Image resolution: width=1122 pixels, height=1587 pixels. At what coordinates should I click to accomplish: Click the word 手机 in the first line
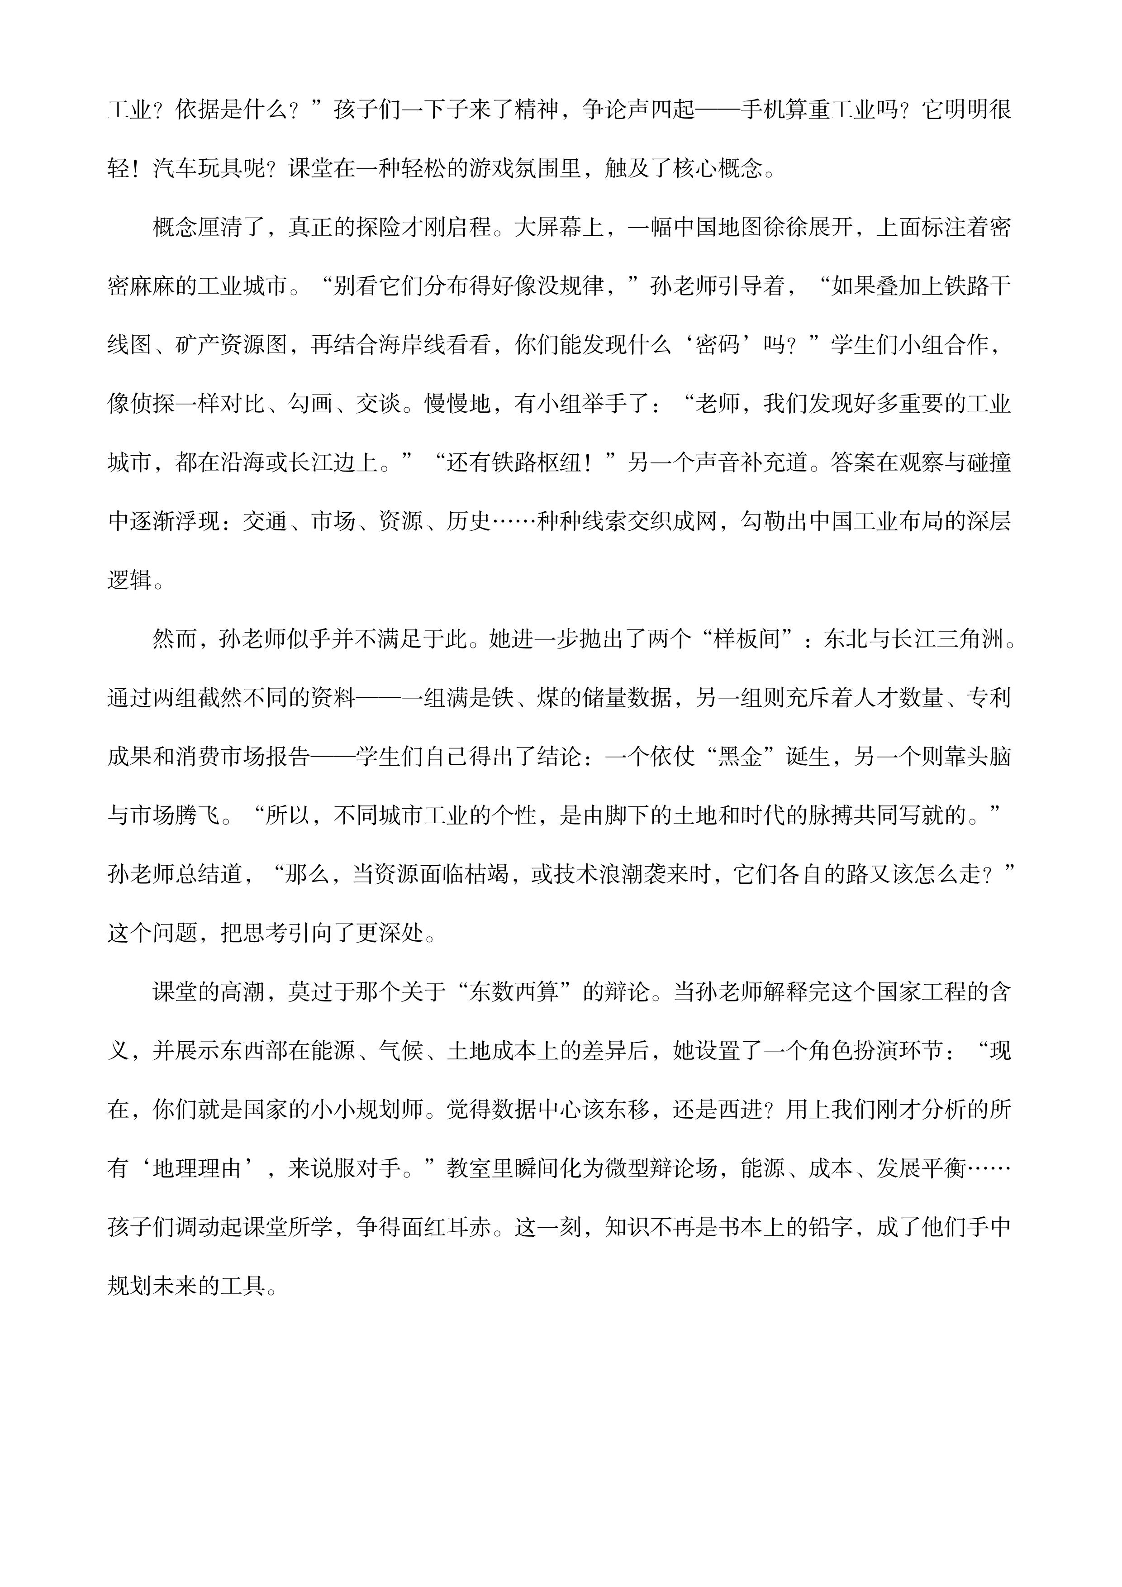pos(763,110)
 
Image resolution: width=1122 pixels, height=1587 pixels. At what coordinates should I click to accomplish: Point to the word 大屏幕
pos(548,228)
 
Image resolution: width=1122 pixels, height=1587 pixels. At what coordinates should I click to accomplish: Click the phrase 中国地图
pos(718,228)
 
